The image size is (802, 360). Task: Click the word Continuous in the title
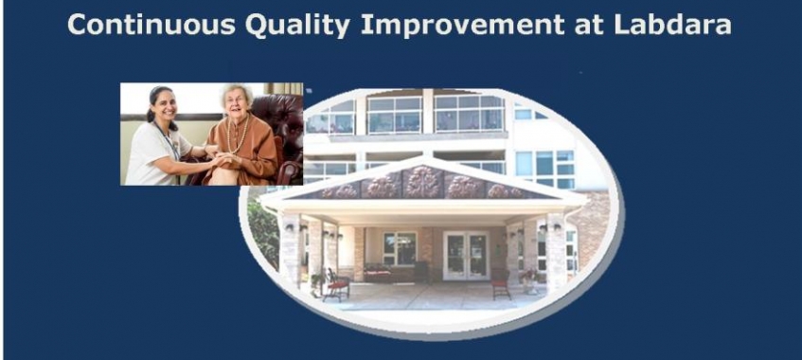151,25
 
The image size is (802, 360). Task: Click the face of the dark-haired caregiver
164,105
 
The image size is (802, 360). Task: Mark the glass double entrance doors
466,256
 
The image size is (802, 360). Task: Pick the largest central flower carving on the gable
422,182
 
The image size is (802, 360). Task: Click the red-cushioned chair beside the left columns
336,284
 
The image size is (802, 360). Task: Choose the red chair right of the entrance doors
501,283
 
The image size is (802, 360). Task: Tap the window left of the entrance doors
400,248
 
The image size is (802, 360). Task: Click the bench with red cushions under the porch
378,274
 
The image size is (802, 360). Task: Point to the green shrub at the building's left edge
262,232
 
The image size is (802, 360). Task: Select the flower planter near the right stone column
529,280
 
